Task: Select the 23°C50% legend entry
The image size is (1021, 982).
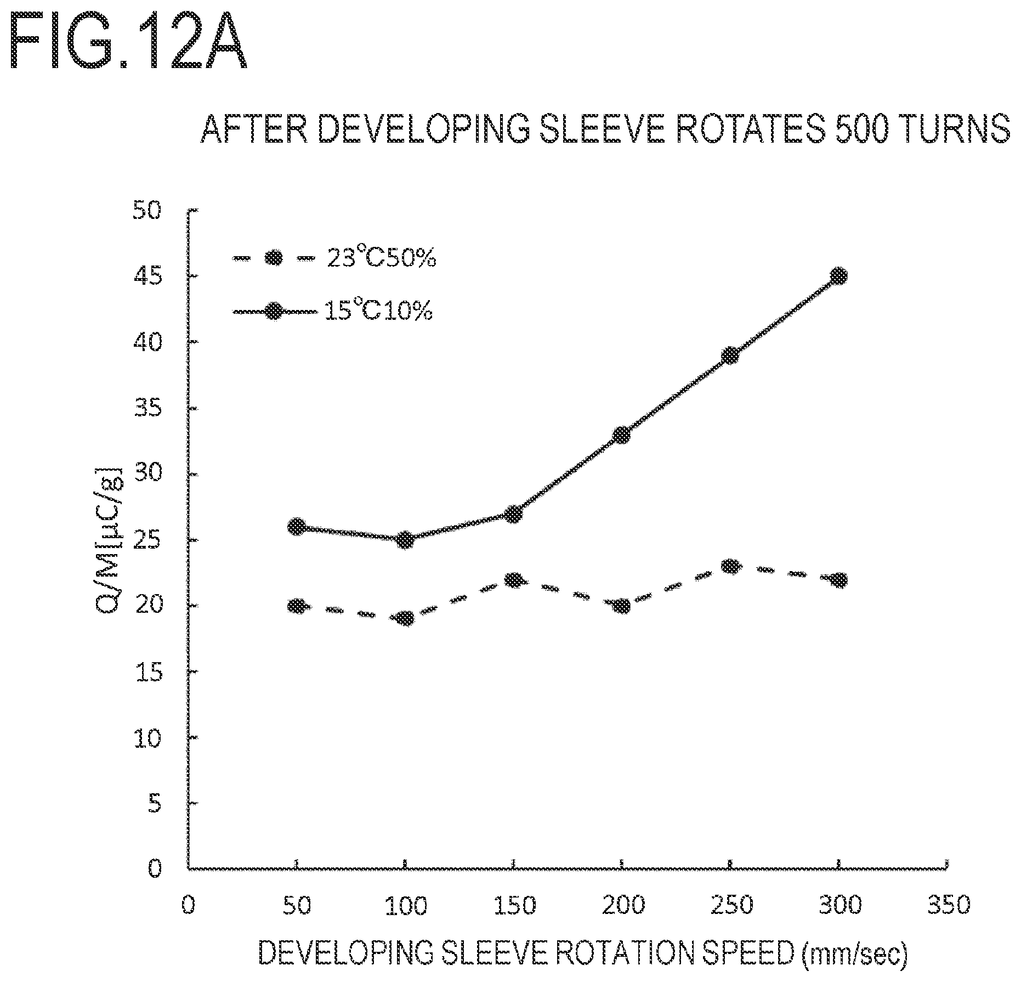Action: click(334, 258)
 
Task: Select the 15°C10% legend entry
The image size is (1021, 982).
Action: click(333, 312)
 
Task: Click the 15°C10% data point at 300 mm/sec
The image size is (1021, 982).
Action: click(838, 275)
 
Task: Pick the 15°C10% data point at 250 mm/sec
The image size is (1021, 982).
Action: click(730, 355)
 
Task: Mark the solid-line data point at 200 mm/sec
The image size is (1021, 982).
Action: click(622, 434)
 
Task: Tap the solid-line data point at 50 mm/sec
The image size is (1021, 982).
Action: click(297, 527)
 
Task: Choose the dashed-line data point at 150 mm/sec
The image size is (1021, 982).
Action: click(513, 580)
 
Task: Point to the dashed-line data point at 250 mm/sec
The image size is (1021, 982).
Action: click(730, 566)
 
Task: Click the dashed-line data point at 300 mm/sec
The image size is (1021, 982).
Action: click(838, 580)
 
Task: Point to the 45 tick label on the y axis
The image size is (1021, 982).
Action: click(147, 276)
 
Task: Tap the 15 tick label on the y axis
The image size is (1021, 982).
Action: click(147, 673)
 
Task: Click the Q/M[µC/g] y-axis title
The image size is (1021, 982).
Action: click(106, 541)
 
